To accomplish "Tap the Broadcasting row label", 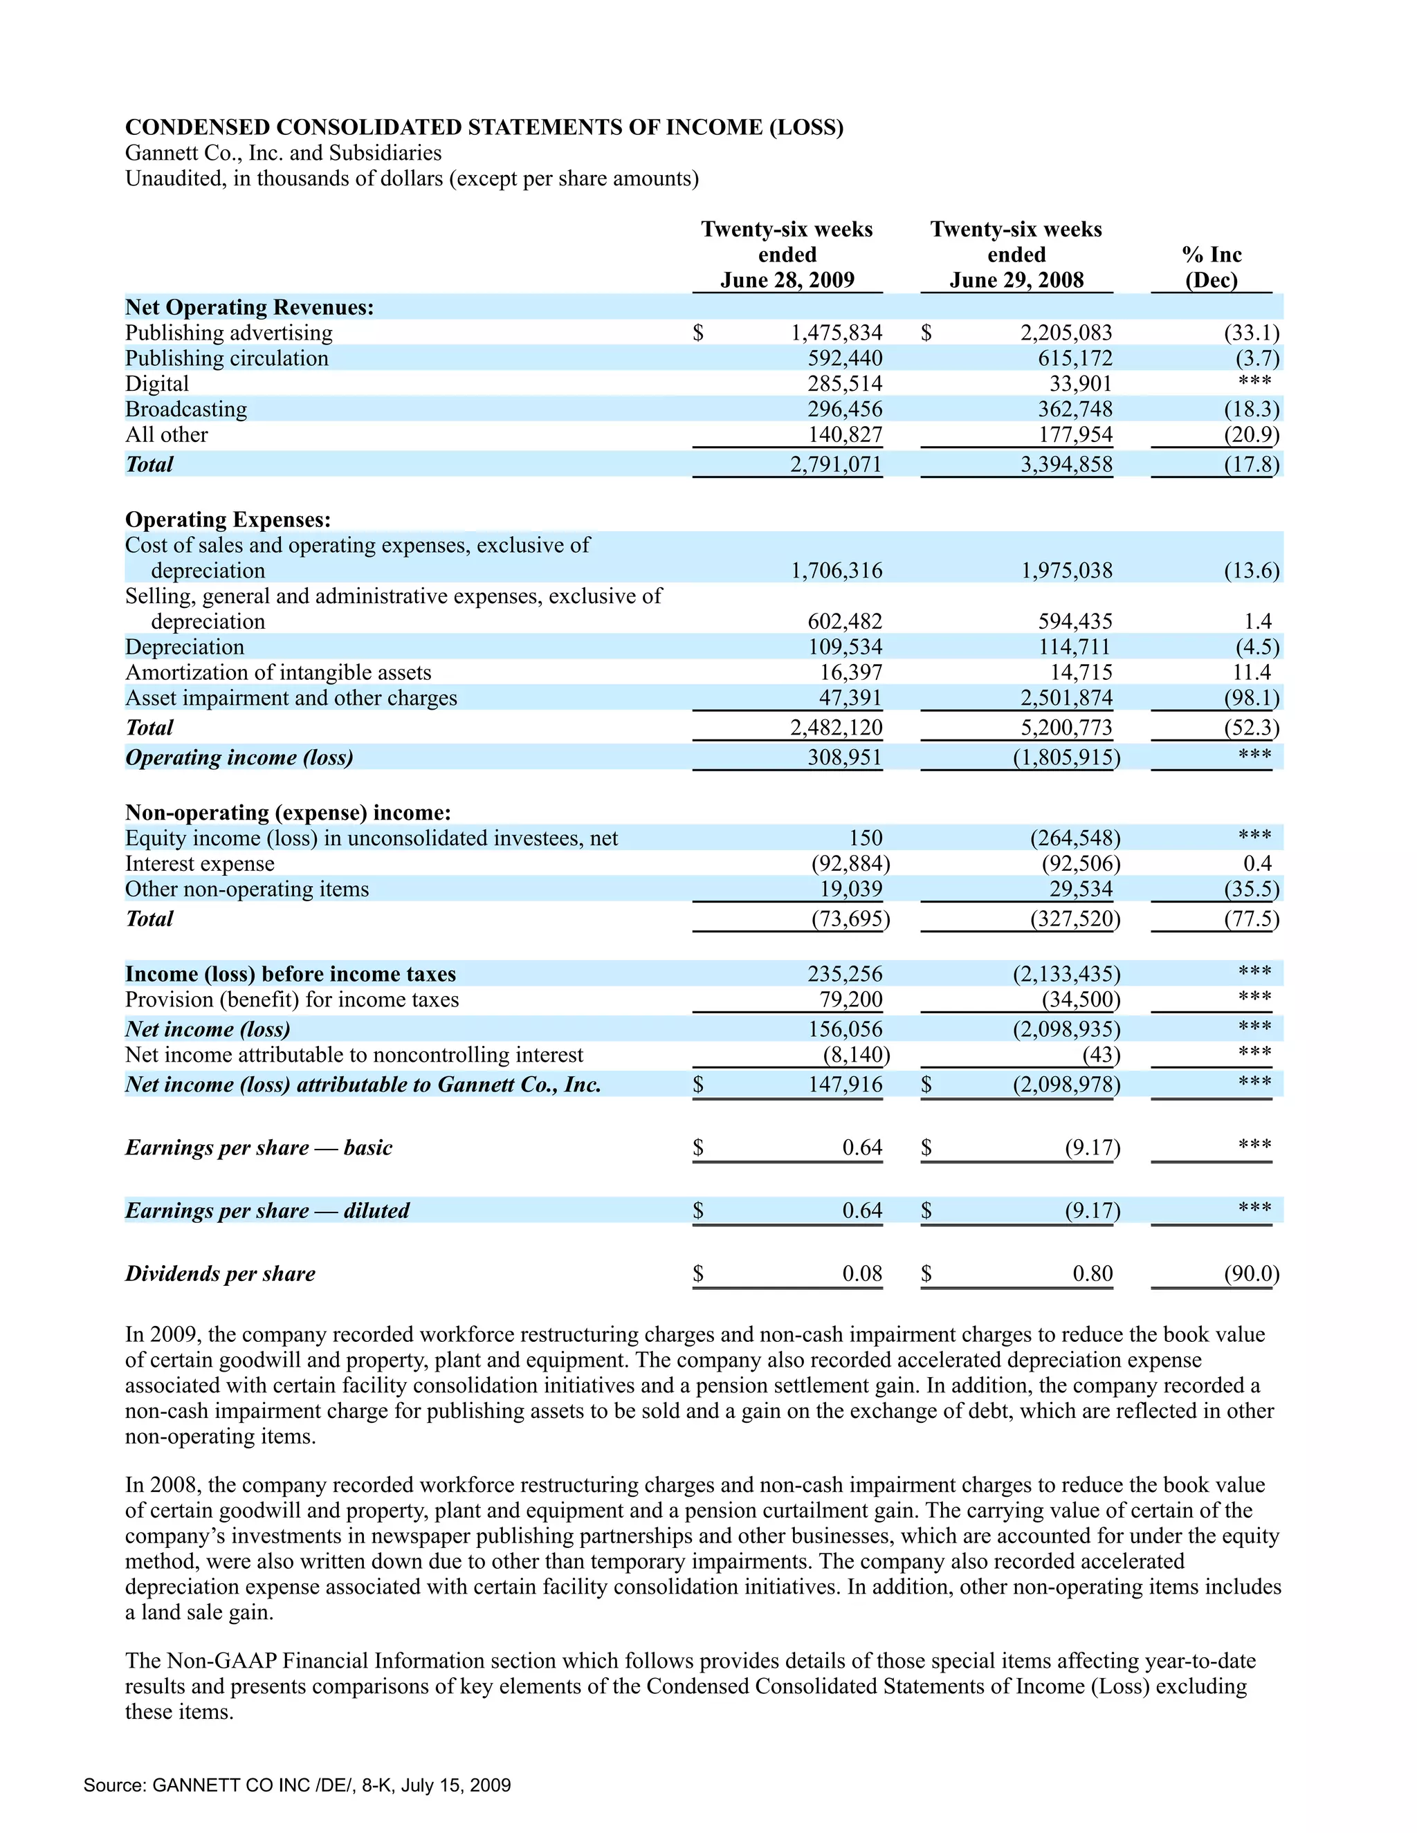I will (x=186, y=409).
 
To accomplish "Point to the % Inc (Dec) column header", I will (x=1212, y=267).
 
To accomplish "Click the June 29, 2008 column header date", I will (x=1016, y=280).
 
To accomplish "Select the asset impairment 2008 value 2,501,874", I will (x=1066, y=699).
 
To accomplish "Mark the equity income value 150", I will (x=865, y=838).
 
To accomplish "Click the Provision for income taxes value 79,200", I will (x=850, y=1000).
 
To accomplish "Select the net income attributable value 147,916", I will (x=845, y=1085).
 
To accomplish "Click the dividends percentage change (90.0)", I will (x=1251, y=1274).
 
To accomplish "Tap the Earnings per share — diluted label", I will (x=267, y=1210).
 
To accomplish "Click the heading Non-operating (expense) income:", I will (x=288, y=813).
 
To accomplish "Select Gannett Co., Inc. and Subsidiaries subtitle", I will (x=283, y=153).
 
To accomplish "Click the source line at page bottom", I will (x=297, y=1785).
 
